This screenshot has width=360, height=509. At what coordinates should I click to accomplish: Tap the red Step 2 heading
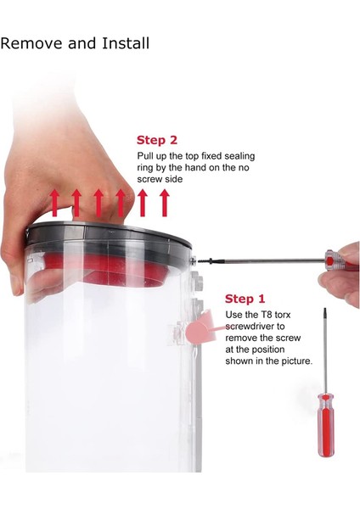(157, 140)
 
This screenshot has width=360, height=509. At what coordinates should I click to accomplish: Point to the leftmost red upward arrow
(54, 204)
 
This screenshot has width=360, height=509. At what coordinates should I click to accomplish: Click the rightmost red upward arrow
(165, 204)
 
